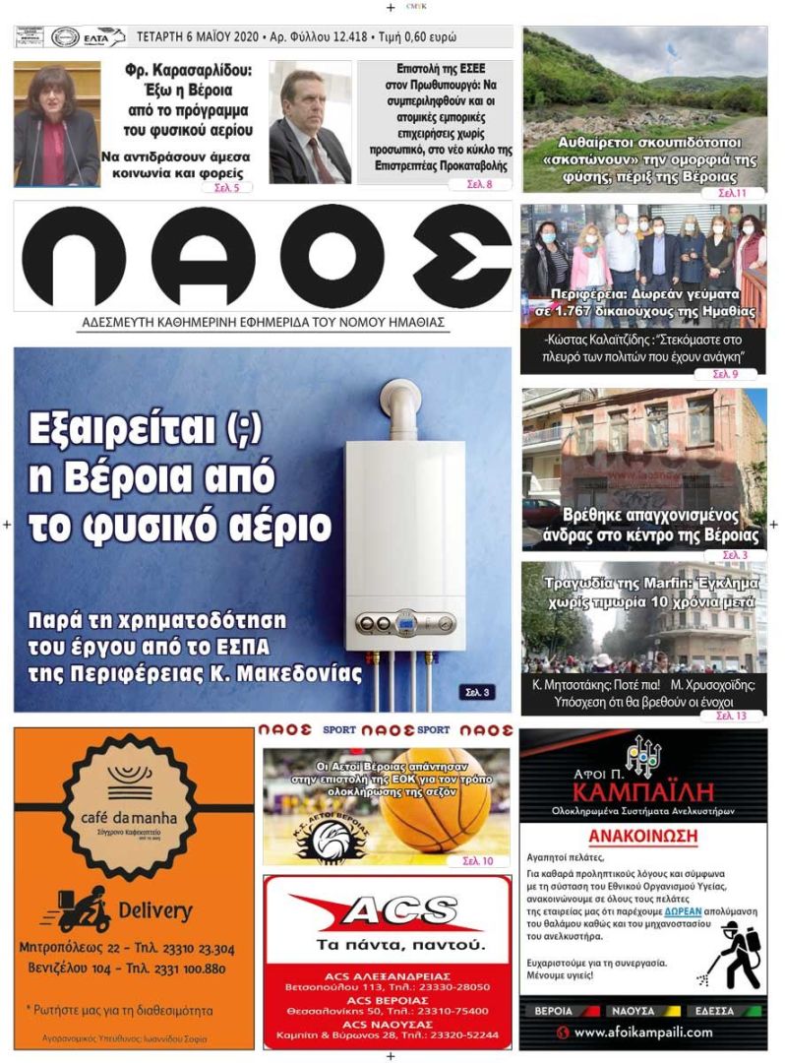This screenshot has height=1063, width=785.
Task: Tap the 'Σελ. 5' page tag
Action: click(226, 186)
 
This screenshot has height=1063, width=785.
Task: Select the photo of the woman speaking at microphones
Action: click(56, 124)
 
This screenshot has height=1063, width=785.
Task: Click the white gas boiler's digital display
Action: click(406, 622)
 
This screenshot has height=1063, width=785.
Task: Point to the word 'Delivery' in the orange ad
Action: click(154, 910)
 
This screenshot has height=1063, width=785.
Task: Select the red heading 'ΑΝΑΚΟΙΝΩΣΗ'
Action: click(643, 838)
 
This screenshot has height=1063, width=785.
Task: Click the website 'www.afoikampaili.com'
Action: click(643, 1032)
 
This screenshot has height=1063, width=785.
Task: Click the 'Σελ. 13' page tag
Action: click(731, 716)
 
